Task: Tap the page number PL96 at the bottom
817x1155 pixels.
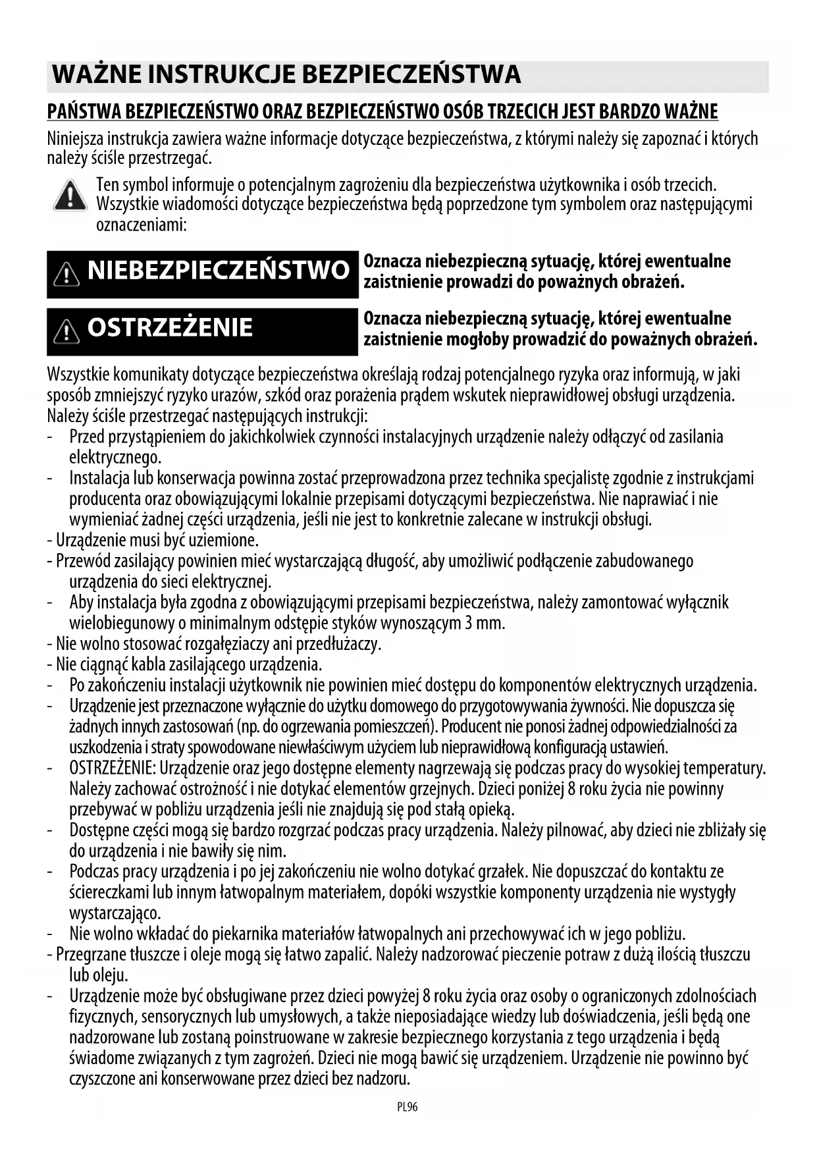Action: [x=408, y=1107]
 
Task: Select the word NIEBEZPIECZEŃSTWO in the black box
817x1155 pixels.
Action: [x=218, y=271]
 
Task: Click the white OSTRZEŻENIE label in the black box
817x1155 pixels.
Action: [x=170, y=327]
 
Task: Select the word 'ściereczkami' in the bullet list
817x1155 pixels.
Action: [x=109, y=892]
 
